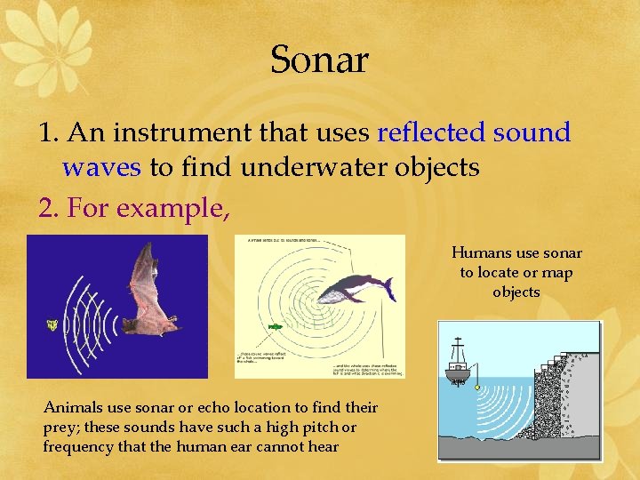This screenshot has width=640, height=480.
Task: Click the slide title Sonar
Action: (x=319, y=60)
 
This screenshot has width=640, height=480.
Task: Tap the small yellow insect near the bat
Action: (x=53, y=326)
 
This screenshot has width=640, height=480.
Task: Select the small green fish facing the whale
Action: (x=276, y=327)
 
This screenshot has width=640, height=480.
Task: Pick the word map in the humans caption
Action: (x=556, y=272)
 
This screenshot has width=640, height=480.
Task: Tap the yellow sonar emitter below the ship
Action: (x=478, y=388)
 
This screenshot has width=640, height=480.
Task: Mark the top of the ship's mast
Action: (x=459, y=339)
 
